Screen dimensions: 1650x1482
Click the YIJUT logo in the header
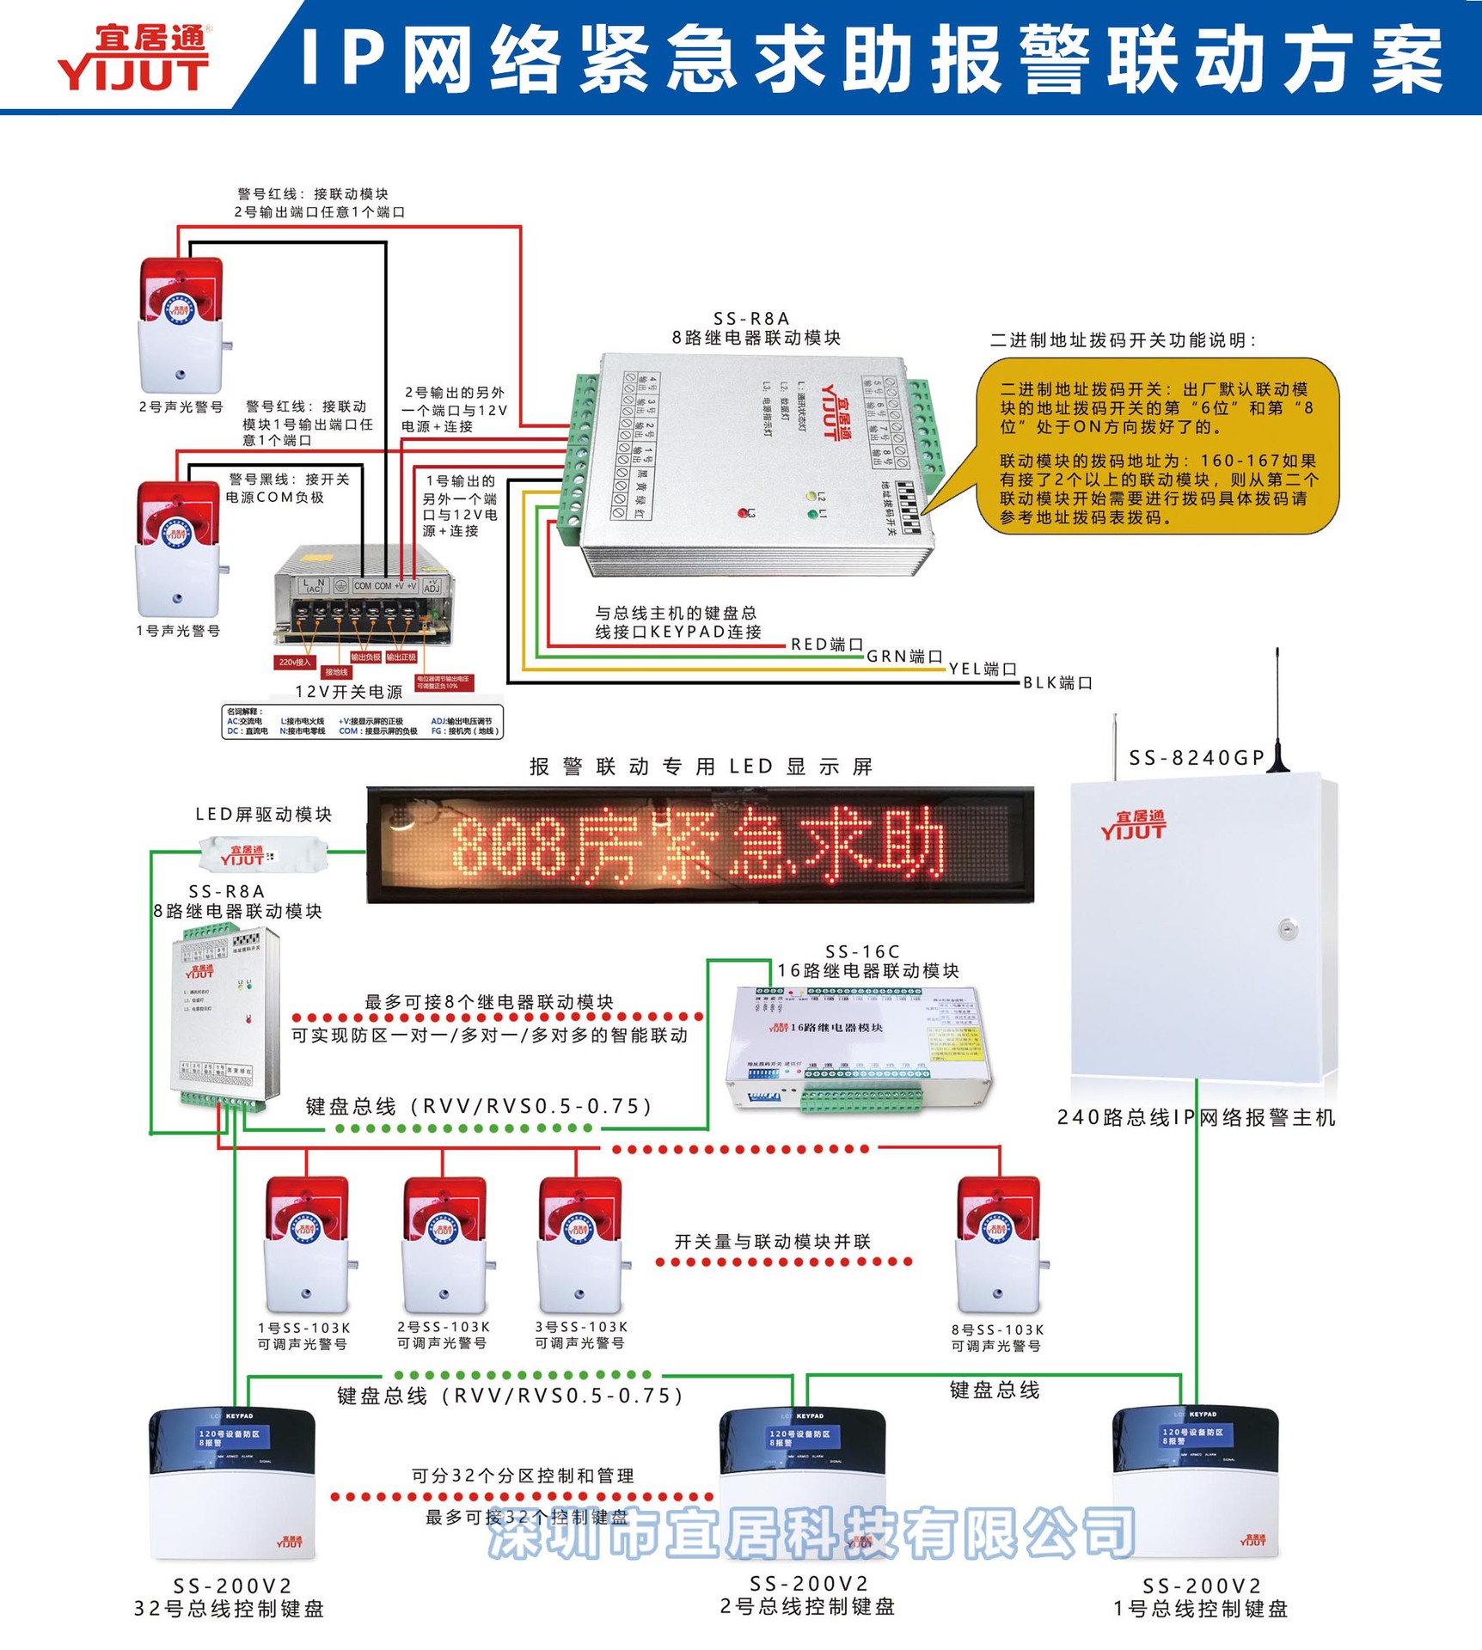pyautogui.click(x=133, y=58)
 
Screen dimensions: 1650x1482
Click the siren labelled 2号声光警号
pyautogui.click(x=181, y=325)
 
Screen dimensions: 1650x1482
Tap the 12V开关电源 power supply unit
pyautogui.click(x=363, y=597)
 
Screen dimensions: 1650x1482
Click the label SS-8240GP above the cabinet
pyautogui.click(x=1196, y=757)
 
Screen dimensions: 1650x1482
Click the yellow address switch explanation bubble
pyautogui.click(x=1156, y=446)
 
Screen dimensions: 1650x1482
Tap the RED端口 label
pyautogui.click(x=826, y=644)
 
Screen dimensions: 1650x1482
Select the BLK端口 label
pyautogui.click(x=1057, y=682)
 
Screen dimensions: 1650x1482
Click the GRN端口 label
pyautogui.click(x=904, y=656)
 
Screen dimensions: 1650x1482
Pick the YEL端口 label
pyautogui.click(x=983, y=669)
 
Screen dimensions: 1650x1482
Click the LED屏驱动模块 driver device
pyautogui.click(x=262, y=856)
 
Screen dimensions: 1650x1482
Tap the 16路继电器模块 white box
pyautogui.click(x=860, y=1048)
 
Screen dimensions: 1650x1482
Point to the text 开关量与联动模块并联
pyautogui.click(x=772, y=1241)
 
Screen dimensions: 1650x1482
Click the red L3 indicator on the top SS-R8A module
pyautogui.click(x=743, y=513)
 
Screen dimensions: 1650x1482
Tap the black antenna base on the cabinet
pyautogui.click(x=1278, y=762)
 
